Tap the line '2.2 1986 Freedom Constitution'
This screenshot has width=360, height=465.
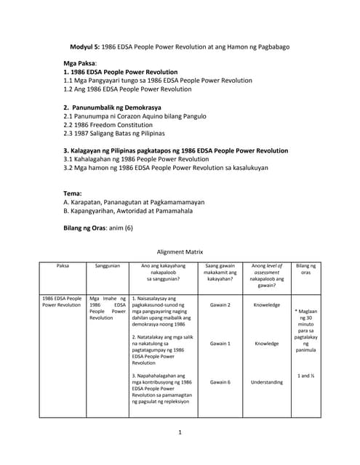[x=113, y=125]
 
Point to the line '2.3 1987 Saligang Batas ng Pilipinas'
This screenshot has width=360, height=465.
[x=114, y=134]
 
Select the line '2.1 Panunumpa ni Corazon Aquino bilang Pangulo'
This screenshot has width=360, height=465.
[x=135, y=116]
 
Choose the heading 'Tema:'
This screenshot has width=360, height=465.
[x=73, y=194]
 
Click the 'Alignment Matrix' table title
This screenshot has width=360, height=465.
[x=180, y=252]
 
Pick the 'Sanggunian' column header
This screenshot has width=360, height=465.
[x=107, y=267]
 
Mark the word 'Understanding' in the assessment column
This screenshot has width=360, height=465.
[x=267, y=381]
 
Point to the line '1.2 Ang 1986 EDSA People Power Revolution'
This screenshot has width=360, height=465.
[x=127, y=90]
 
